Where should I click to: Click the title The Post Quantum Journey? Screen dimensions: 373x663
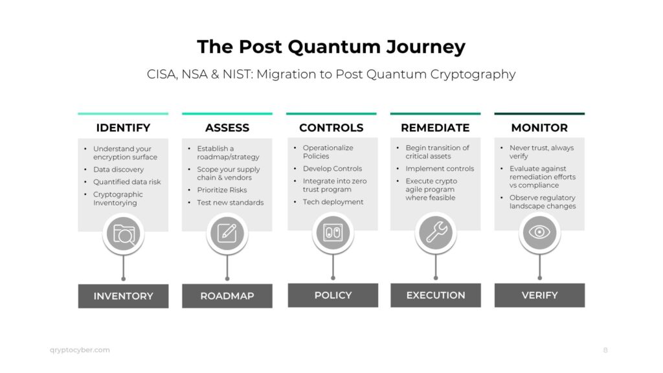[x=331, y=47]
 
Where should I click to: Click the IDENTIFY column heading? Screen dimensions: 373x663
[x=123, y=128]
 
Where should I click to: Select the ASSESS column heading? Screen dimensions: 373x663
[x=227, y=128]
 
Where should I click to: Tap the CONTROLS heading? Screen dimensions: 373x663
[x=331, y=128]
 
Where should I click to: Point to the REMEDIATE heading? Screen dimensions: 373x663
[x=435, y=128]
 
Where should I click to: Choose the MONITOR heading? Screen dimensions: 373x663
[x=539, y=128]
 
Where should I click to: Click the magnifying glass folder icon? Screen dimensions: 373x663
[x=123, y=234]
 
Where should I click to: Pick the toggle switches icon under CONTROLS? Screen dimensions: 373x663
[x=332, y=232]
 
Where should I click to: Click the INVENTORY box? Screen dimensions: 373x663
[x=123, y=296]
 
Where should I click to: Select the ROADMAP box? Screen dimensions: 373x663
[x=227, y=296]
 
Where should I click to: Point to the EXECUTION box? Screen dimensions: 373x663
[x=435, y=295]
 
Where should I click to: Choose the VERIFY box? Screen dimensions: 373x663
[x=539, y=295]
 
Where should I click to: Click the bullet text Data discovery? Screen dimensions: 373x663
[x=118, y=170]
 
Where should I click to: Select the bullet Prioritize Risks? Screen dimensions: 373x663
[x=221, y=190]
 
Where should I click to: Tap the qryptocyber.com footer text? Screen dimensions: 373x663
[x=80, y=350]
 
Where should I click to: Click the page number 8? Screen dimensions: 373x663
[x=605, y=350]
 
